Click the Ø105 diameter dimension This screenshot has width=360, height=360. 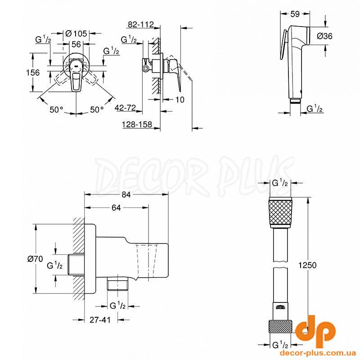click(x=76, y=34)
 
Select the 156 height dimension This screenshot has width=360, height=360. click(x=33, y=73)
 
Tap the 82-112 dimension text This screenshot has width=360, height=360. click(x=140, y=25)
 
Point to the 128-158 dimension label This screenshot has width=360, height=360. click(x=137, y=125)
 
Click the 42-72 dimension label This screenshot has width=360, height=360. click(x=126, y=108)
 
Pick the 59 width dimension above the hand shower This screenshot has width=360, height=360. click(x=295, y=14)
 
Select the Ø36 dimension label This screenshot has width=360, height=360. click(x=324, y=36)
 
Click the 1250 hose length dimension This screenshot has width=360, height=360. click(x=307, y=265)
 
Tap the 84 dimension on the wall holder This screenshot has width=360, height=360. click(x=126, y=195)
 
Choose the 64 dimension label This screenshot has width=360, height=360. click(x=116, y=208)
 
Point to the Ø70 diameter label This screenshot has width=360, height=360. click(x=35, y=259)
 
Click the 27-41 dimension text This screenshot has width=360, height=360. click(x=100, y=320)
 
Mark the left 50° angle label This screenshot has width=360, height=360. click(x=57, y=110)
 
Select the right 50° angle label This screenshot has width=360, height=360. click(x=97, y=110)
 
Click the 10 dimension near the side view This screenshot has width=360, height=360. click(x=180, y=100)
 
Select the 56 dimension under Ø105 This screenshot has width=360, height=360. click(x=76, y=44)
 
